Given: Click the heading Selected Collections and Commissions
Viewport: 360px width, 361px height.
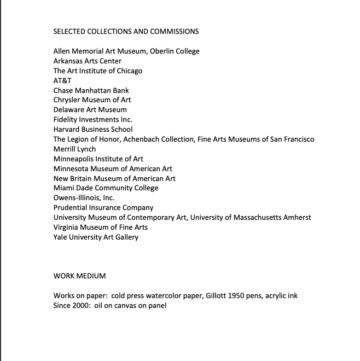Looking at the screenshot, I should coord(126,31).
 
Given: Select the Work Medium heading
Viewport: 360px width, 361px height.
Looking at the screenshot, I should coord(79,276).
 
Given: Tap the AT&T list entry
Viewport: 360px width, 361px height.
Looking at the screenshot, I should coord(62,80).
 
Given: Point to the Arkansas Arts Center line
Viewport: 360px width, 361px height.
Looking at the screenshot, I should coord(88,61).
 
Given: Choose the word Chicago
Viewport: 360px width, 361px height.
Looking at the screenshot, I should coord(129,71).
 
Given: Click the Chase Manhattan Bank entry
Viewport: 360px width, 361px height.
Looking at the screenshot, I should coord(91,90).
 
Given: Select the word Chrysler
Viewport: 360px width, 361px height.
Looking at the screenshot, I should coord(67,100).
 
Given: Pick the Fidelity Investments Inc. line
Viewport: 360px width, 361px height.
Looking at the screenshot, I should coord(93,120).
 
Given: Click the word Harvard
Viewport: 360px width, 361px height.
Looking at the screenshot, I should coord(67,130).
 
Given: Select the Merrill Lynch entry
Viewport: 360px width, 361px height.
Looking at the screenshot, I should coord(74,149).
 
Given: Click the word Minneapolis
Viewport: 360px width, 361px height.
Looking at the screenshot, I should coord(74,159).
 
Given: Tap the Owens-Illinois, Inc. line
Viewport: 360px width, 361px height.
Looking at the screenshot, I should coord(84,198).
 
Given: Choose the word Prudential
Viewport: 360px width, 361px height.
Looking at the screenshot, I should coord(71,208).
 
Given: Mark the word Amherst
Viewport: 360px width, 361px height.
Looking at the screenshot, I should coord(297,218).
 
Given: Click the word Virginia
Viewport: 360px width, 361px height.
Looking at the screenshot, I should coord(67,228).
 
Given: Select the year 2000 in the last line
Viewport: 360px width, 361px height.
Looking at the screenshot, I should coord(82,306).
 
